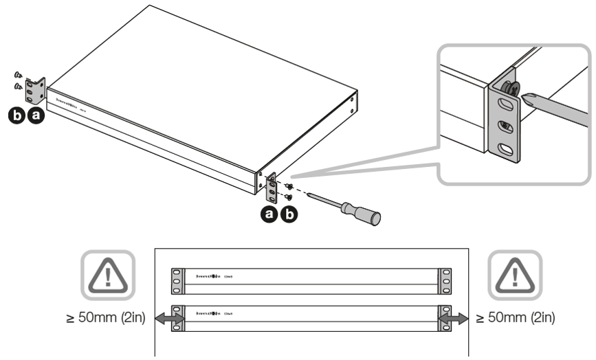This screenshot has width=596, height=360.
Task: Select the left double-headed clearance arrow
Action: pos(167,318)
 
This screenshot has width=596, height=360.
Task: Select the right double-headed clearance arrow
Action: pos(454,318)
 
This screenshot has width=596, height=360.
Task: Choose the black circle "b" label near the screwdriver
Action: pos(291,214)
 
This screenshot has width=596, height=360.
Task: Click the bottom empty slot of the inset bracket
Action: pos(505,150)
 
